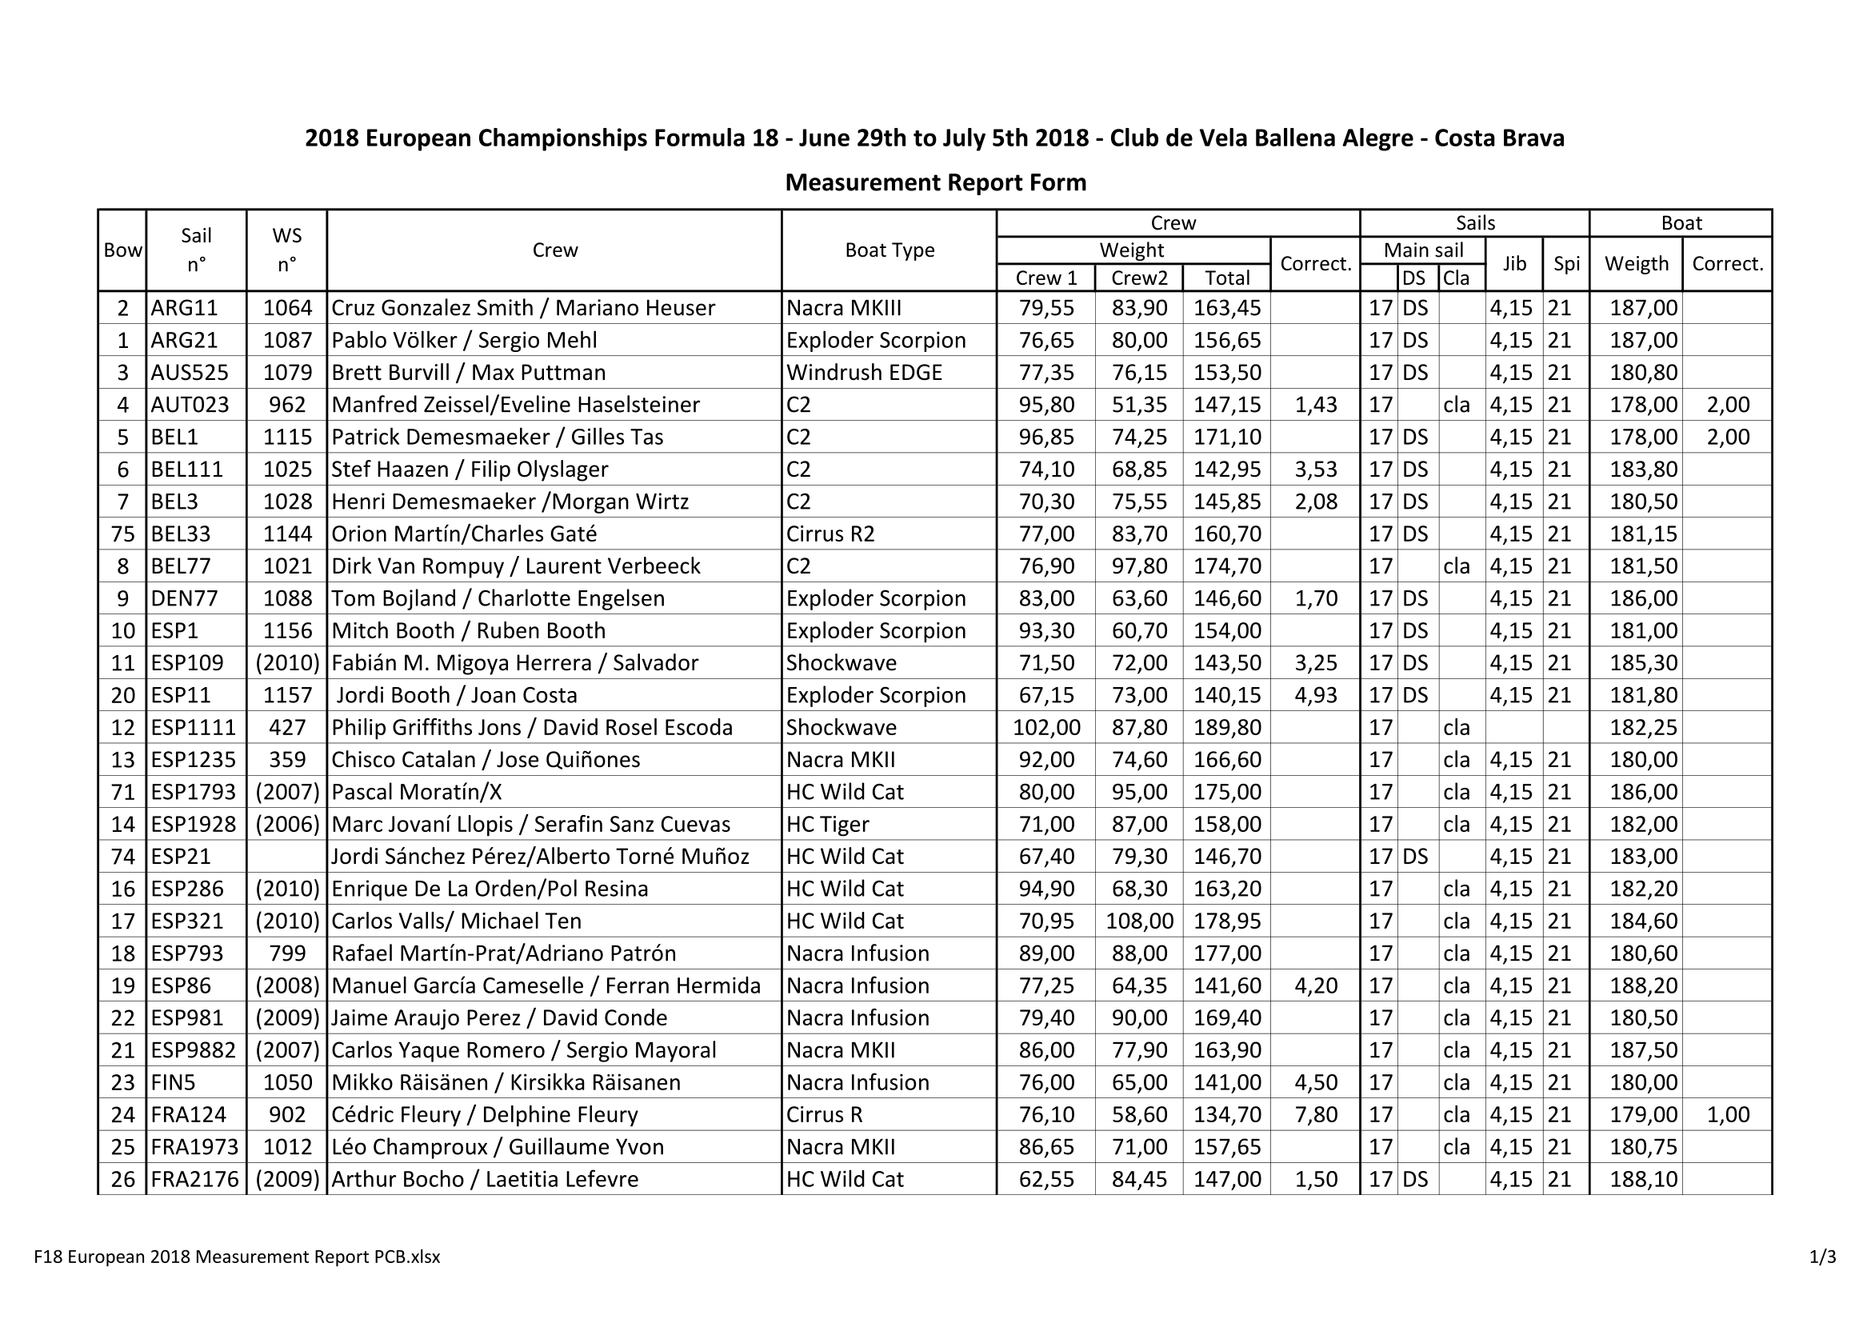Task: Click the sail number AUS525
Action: (190, 372)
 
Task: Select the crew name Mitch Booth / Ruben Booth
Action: (469, 630)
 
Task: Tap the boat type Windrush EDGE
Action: (864, 372)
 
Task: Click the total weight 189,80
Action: (1226, 727)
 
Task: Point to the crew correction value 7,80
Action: (1315, 1114)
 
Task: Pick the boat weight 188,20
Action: (1643, 985)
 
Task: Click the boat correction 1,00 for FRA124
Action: (1728, 1114)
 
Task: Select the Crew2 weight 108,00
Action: (1139, 921)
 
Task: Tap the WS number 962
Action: (287, 405)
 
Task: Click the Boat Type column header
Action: (889, 250)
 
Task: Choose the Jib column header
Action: (1514, 263)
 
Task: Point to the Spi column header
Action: (1566, 263)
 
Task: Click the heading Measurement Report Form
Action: (936, 182)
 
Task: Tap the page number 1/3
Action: (1822, 1256)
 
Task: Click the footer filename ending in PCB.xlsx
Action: (237, 1256)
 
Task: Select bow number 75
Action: (123, 534)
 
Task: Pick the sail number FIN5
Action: (174, 1082)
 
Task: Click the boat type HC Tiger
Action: (827, 825)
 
